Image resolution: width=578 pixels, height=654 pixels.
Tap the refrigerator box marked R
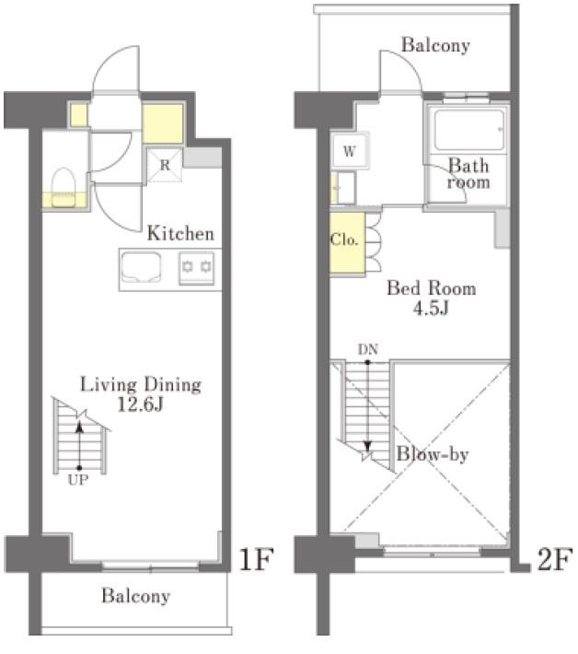164,166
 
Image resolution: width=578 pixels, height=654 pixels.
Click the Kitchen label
180,233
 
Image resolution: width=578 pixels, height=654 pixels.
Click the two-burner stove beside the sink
198,268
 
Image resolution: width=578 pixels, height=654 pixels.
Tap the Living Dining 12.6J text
140,393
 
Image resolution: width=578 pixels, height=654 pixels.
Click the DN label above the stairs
368,350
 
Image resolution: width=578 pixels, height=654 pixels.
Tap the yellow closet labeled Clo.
344,241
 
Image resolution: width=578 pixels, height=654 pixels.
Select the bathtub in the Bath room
468,131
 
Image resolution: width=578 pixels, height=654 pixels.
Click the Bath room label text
468,174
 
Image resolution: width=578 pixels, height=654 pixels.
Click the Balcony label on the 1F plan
135,596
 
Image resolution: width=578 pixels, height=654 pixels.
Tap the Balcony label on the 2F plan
435,45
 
